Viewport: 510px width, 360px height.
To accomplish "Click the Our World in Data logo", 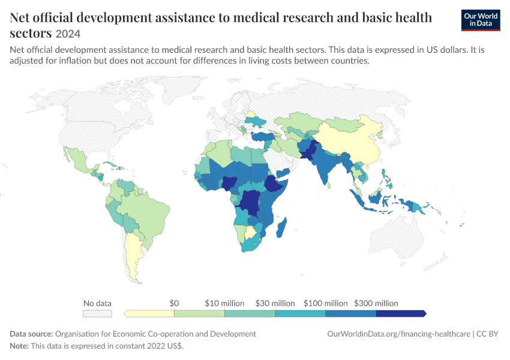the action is tap(481, 20).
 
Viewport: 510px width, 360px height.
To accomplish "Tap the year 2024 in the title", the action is tap(68, 34).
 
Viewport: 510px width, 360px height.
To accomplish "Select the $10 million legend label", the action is tap(224, 304).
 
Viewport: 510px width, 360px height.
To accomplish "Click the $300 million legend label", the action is tap(376, 304).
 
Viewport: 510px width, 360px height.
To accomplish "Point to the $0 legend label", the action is tap(174, 304).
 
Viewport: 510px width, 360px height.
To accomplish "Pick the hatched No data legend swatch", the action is tap(97, 313).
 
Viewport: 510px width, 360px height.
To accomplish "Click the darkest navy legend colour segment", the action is tap(401, 313).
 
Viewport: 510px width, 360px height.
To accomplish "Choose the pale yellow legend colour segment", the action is tap(149, 313).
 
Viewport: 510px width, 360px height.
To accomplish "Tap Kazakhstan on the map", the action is tap(300, 123).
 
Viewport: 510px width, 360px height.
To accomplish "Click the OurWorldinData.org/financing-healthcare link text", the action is tap(399, 334).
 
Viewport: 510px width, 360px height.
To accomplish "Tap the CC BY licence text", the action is tap(487, 334).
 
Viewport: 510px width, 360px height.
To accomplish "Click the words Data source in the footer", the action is tap(31, 334).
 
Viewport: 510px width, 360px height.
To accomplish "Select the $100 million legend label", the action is tap(326, 304).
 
